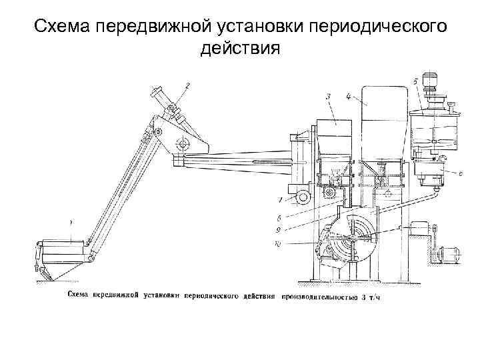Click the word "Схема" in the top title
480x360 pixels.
coord(62,27)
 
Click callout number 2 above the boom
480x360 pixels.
coord(188,85)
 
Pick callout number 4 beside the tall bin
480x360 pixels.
coord(349,96)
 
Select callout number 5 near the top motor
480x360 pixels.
coord(415,81)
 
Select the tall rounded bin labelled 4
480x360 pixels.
coord(383,127)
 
